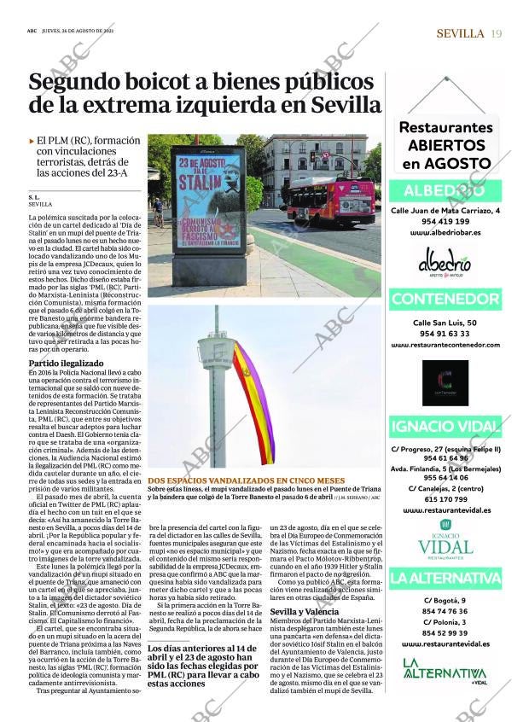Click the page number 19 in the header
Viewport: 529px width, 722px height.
pyautogui.click(x=496, y=33)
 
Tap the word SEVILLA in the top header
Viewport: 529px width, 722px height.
pyautogui.click(x=460, y=33)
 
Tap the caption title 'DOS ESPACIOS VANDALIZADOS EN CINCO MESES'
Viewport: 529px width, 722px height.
pyautogui.click(x=241, y=480)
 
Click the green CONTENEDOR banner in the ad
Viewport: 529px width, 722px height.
pyautogui.click(x=445, y=300)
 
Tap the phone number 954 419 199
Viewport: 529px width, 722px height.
pyautogui.click(x=445, y=221)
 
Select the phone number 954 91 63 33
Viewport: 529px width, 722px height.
pyautogui.click(x=445, y=334)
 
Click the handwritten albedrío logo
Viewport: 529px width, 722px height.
pyautogui.click(x=445, y=263)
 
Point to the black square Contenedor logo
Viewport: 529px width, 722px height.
pyautogui.click(x=445, y=382)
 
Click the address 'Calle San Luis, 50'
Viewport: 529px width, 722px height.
pyautogui.click(x=445, y=323)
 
